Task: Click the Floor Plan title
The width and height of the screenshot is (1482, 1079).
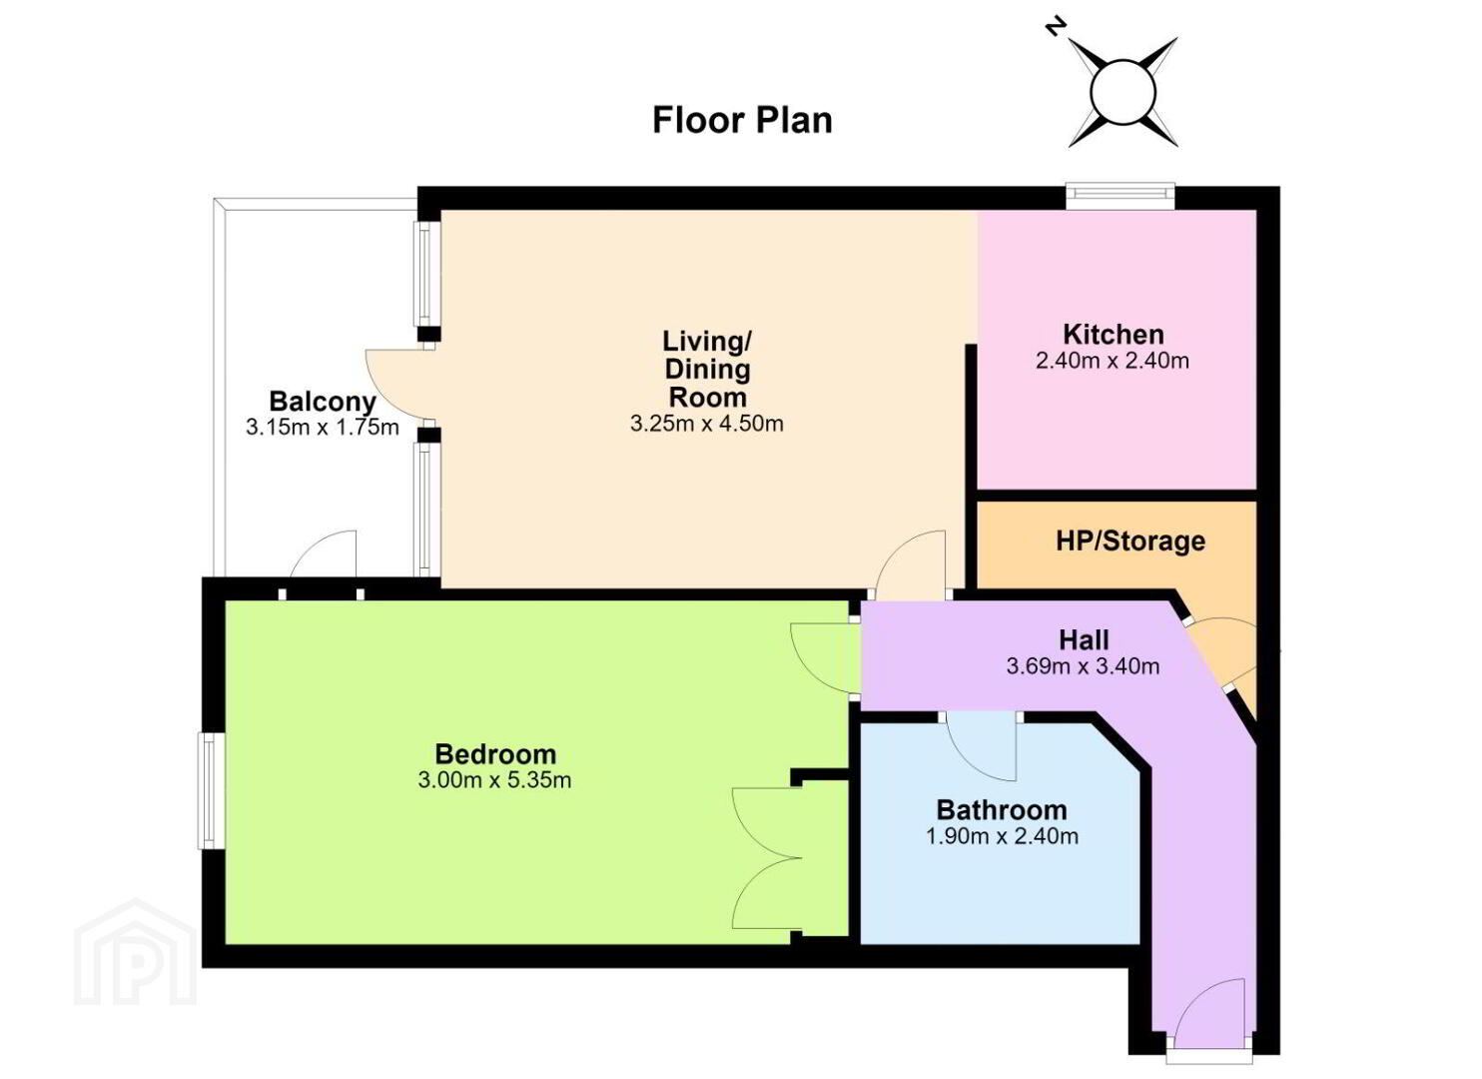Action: coord(742,121)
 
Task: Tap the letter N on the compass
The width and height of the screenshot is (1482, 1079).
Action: coord(1056,27)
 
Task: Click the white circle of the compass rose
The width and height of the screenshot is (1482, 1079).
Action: coord(1122,91)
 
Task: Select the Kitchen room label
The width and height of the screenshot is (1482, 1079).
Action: coord(1113,335)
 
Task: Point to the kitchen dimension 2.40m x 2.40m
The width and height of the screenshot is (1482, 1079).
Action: coord(1112,361)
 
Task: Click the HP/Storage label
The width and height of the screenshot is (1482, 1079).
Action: coord(1130,540)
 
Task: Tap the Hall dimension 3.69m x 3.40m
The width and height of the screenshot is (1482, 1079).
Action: coord(1084,665)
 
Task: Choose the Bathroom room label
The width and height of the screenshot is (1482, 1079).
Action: coord(1002,809)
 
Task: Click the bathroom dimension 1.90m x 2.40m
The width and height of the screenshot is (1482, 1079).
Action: coord(1002,836)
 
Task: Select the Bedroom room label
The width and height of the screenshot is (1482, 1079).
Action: coord(495,754)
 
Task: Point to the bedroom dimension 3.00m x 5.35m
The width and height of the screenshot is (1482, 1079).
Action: coord(495,780)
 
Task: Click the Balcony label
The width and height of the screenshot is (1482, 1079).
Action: coord(323,402)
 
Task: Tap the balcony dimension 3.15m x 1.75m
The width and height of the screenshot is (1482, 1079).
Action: coord(323,427)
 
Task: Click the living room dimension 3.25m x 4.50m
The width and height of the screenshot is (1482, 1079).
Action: coord(707,423)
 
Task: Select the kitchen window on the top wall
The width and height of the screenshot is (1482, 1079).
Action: coord(1119,193)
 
